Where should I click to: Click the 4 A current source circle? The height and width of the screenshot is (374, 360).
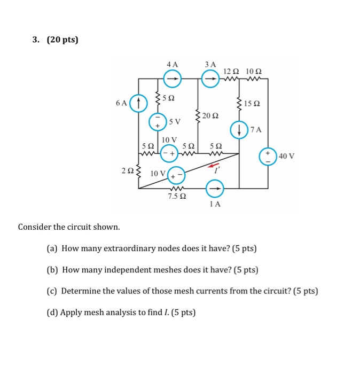[172, 79]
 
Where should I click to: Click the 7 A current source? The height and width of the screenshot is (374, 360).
[239, 129]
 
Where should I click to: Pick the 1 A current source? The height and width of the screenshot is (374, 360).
[215, 188]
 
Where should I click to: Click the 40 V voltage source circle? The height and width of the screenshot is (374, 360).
[268, 155]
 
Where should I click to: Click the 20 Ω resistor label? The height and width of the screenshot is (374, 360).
[212, 115]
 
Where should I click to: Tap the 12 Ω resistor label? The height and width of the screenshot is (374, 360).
[231, 71]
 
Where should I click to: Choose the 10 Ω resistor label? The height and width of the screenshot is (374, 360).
[254, 71]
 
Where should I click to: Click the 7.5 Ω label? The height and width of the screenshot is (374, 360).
[177, 197]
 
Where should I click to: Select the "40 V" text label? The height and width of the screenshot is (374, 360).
[286, 156]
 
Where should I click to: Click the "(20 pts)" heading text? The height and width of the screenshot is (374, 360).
[62, 40]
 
